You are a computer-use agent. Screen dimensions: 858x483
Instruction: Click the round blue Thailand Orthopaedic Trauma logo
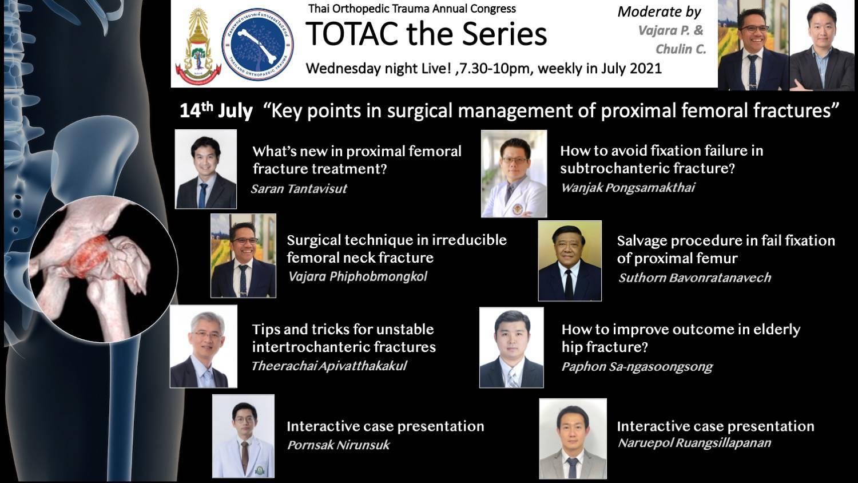coord(258,45)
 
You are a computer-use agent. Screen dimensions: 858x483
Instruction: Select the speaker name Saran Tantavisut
coord(299,189)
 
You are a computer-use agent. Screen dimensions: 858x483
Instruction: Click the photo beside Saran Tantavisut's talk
coord(206,169)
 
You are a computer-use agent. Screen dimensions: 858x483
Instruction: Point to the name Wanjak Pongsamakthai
coord(628,188)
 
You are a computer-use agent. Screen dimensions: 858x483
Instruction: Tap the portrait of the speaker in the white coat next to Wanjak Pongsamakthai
coord(514,173)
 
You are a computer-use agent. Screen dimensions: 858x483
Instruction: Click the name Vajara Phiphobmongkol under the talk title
coord(357,277)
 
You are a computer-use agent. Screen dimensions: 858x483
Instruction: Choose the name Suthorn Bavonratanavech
coord(694,278)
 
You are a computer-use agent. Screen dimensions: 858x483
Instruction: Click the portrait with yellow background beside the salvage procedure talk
coord(570,260)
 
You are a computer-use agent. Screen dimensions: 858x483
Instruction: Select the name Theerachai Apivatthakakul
coord(329,366)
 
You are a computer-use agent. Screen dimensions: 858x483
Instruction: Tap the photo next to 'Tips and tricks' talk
coord(204,346)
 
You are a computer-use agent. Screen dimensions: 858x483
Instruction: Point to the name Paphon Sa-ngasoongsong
coord(637,367)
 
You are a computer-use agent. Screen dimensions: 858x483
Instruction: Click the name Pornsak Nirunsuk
coord(339,445)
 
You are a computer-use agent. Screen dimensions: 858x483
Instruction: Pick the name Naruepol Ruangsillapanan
coord(694,443)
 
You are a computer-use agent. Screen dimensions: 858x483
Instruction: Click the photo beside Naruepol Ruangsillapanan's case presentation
coord(573,438)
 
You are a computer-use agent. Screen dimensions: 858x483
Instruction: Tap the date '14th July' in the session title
coord(216,111)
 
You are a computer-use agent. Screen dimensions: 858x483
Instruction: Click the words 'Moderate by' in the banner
coord(659,12)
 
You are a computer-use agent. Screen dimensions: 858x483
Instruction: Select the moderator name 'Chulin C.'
coord(681,49)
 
